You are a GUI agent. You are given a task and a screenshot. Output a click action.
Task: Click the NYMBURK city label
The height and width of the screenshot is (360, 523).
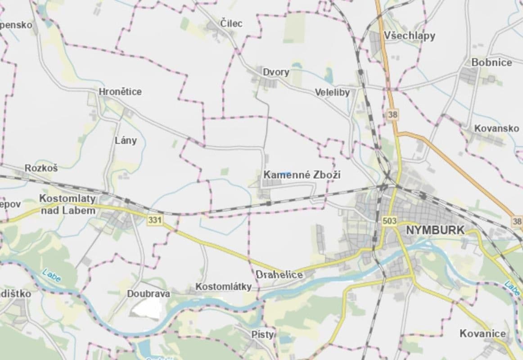click(x=435, y=230)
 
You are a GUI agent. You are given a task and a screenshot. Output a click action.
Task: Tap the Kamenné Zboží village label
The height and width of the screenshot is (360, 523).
click(x=302, y=175)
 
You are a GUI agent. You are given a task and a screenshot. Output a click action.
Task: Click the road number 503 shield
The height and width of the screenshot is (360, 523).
click(x=389, y=220)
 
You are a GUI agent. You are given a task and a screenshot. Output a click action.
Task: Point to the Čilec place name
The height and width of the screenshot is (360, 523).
click(x=231, y=23)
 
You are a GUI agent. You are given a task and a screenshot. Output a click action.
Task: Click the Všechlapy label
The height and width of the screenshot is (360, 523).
click(x=410, y=36)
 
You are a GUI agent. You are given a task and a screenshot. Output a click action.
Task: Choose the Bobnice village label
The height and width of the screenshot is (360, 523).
click(x=491, y=63)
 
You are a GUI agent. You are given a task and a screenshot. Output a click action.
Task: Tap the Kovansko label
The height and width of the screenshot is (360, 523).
click(x=496, y=129)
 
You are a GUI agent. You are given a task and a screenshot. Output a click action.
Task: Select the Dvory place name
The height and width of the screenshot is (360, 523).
click(x=276, y=72)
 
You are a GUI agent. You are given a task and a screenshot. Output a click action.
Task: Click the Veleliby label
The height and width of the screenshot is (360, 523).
click(x=332, y=93)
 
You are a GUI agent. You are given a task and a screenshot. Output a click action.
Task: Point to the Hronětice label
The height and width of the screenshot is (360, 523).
click(x=120, y=92)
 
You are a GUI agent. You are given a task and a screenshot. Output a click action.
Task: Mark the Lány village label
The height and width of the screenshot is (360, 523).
click(x=126, y=140)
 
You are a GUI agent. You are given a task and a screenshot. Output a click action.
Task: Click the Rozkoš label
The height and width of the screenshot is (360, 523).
click(x=41, y=168)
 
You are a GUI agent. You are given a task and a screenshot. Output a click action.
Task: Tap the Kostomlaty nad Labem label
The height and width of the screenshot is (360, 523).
click(x=68, y=204)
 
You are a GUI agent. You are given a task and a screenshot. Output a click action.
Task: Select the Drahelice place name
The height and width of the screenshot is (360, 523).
click(x=279, y=274)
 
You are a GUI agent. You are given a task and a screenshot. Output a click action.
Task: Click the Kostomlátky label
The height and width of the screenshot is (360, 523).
click(x=223, y=287)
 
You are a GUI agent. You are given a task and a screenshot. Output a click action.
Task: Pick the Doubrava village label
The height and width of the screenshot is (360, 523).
click(x=149, y=294)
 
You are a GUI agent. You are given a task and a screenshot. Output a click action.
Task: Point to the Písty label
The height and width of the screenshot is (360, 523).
click(x=263, y=334)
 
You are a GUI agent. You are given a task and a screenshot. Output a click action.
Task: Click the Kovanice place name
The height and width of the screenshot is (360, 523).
click(x=482, y=334)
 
